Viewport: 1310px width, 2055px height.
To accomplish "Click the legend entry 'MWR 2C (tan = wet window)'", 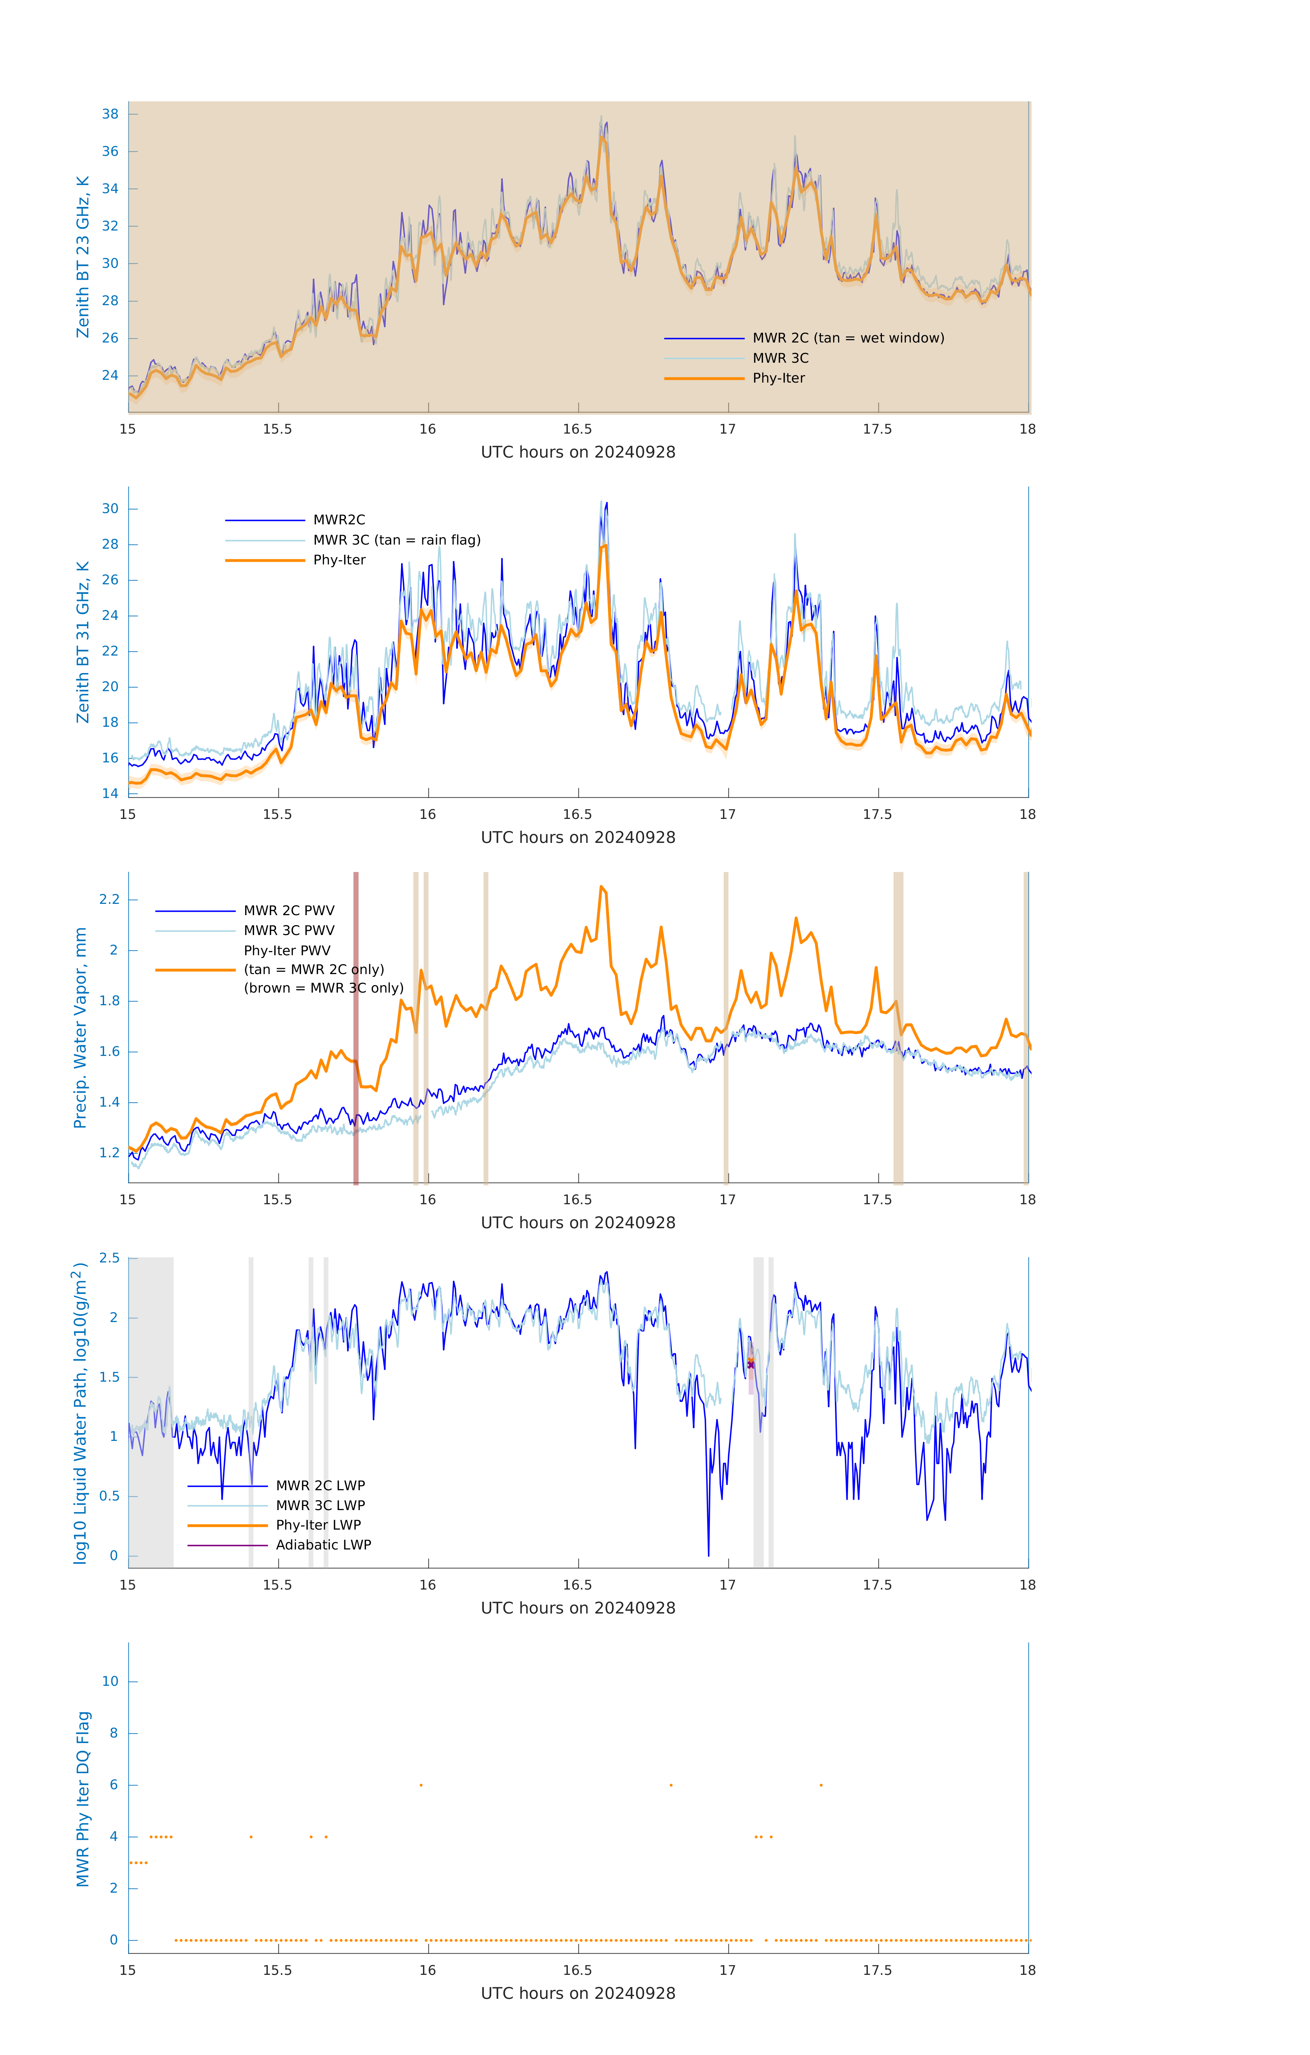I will [847, 338].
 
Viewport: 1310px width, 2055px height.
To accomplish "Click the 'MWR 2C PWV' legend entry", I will [288, 911].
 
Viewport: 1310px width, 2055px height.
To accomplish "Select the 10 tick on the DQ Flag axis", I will [110, 1681].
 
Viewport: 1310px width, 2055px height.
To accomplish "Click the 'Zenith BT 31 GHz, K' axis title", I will [83, 642].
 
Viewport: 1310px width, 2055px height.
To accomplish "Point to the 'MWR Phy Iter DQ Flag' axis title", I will [83, 1799].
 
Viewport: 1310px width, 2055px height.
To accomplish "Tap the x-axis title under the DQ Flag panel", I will [578, 1994].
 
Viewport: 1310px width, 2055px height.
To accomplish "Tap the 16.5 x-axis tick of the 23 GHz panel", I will [578, 429].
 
